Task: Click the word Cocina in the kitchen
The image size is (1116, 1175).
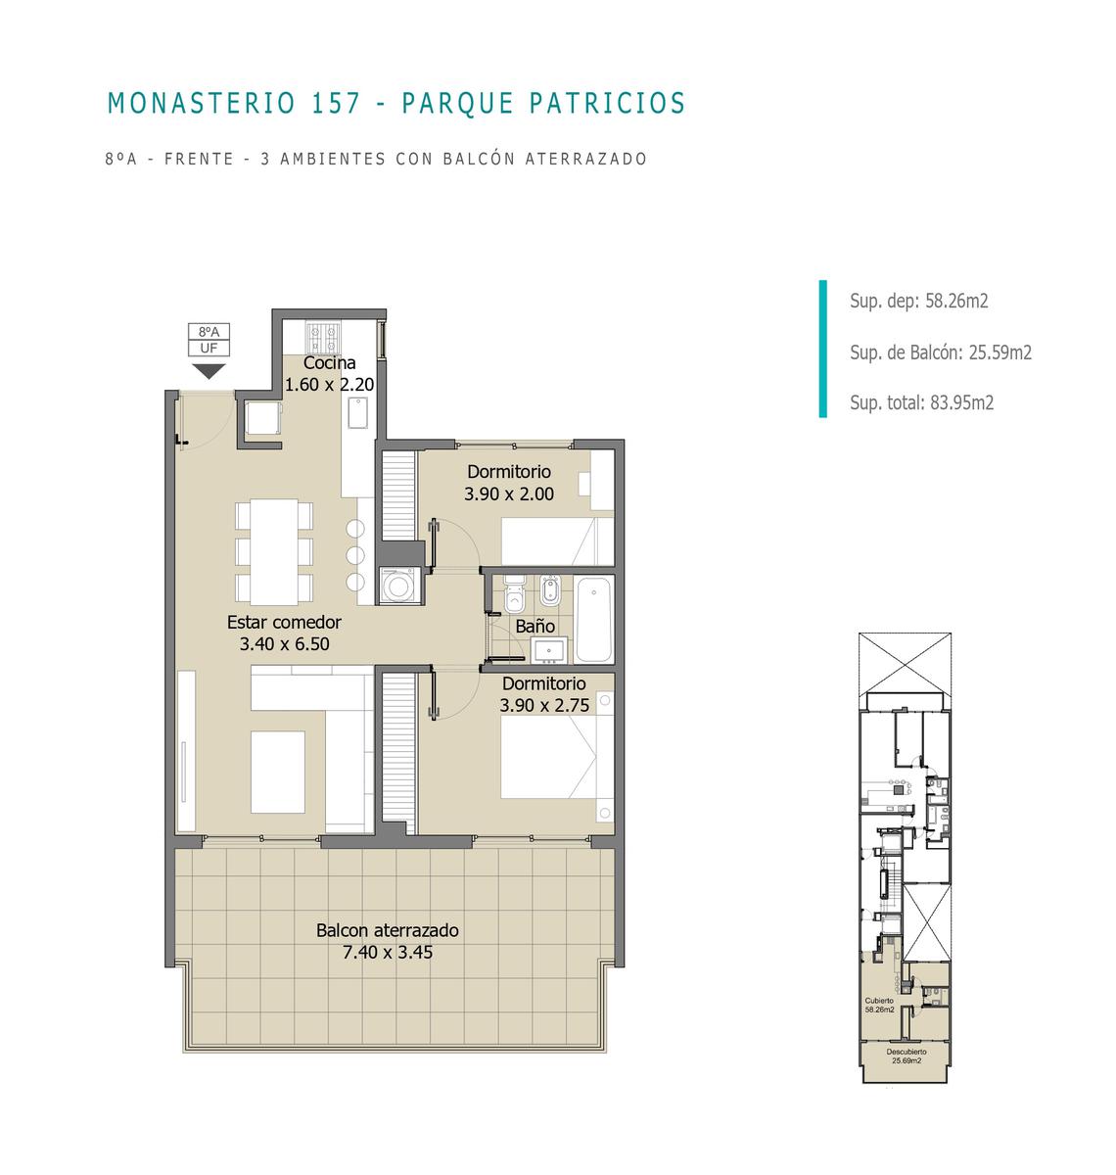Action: tap(329, 362)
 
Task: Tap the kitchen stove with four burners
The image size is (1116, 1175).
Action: tap(323, 338)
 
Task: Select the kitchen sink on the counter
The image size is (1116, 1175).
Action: tap(358, 413)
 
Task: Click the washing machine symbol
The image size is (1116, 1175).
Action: tap(398, 586)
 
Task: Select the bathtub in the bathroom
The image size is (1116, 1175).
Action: tap(593, 619)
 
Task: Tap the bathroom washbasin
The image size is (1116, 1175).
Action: tap(549, 650)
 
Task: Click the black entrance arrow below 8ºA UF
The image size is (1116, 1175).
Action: tap(209, 371)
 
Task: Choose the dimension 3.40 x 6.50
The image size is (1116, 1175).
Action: tap(284, 644)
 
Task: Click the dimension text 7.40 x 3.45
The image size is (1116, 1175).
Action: tap(388, 952)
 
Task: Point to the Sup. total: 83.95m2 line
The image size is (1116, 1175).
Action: tap(921, 402)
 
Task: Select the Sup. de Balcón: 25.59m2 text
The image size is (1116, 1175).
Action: tap(940, 352)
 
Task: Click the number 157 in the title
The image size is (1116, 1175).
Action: tap(337, 103)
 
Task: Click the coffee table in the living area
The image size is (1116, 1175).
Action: tap(277, 772)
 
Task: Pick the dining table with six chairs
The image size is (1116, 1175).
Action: tap(274, 551)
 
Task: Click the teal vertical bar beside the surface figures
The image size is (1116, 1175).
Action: tap(822, 349)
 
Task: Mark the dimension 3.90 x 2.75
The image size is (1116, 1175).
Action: tap(544, 705)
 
